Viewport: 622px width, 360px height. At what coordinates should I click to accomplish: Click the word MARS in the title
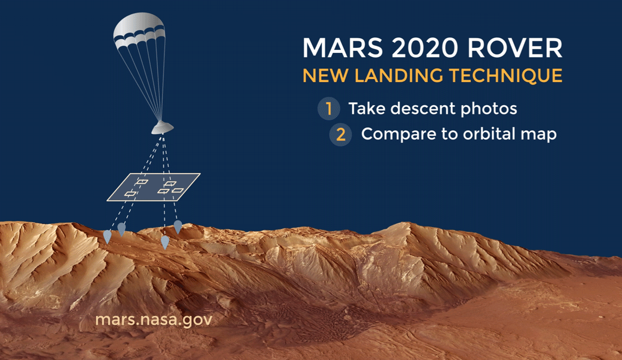(x=343, y=48)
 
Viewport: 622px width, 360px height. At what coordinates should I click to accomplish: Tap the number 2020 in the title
(x=425, y=48)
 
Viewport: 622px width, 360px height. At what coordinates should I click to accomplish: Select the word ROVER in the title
(x=515, y=48)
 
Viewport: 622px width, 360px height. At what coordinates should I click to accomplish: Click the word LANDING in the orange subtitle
(x=399, y=76)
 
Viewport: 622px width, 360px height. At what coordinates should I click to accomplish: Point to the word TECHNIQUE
(x=506, y=76)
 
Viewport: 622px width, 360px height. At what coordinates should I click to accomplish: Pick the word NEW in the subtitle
(x=325, y=76)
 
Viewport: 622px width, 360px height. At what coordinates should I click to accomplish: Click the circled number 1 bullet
(x=329, y=108)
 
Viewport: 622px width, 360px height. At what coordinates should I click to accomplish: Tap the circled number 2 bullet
(x=341, y=134)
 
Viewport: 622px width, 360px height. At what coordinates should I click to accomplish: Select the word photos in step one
(x=489, y=109)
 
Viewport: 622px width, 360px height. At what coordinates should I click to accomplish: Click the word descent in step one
(x=423, y=108)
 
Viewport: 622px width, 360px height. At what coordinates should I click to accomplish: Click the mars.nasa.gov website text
(x=154, y=320)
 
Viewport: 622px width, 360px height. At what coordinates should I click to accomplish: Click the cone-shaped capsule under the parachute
(x=163, y=127)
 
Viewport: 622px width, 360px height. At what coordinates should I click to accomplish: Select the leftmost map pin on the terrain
(x=107, y=237)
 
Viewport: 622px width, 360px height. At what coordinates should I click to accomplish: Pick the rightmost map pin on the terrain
(x=178, y=227)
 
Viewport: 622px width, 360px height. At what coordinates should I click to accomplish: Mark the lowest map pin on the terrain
(x=165, y=243)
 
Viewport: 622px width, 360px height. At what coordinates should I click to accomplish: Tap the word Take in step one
(x=366, y=108)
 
